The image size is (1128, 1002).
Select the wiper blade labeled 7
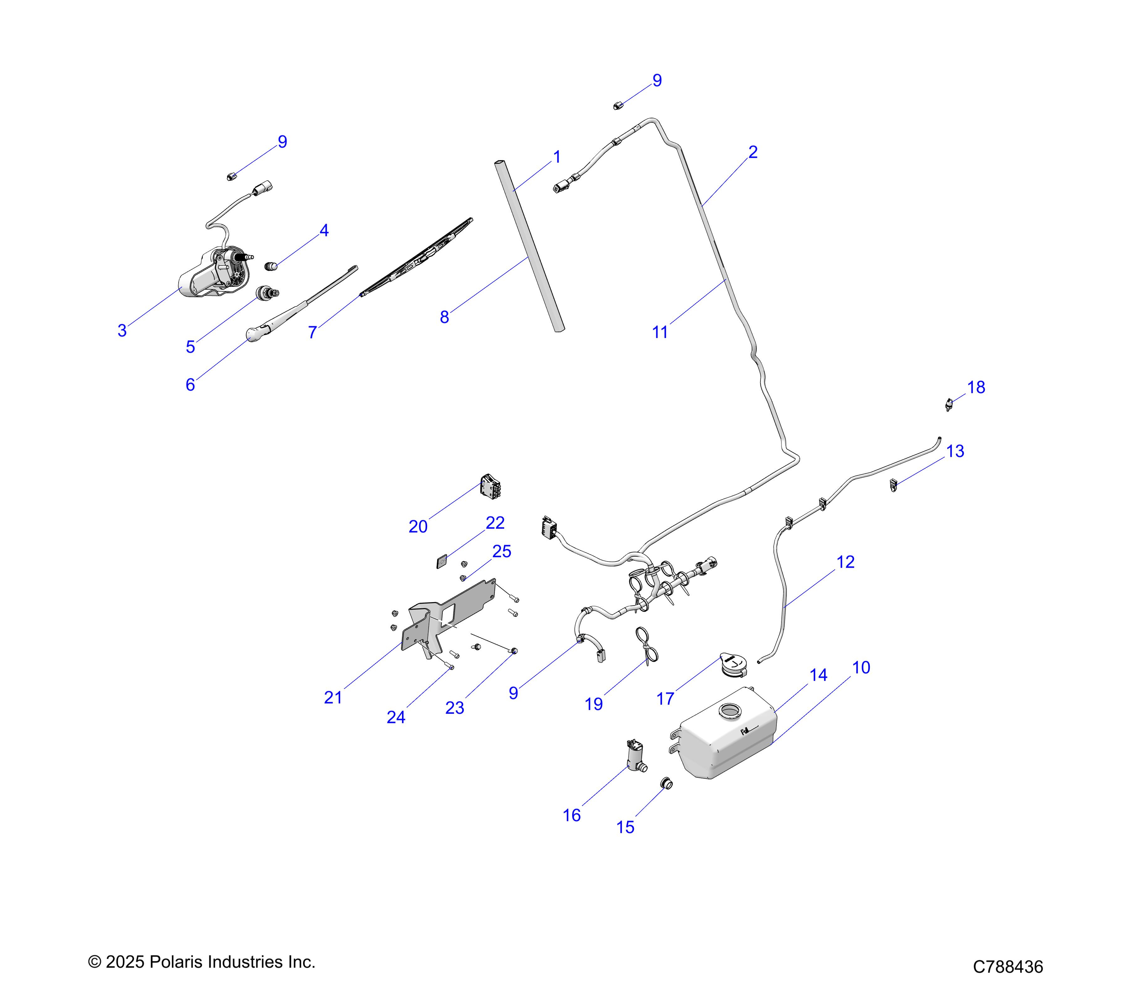417,257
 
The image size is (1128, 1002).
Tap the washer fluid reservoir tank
726,736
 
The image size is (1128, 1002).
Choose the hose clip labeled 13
894,485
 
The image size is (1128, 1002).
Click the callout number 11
660,333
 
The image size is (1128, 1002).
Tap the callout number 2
753,152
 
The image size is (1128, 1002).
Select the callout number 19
594,704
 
